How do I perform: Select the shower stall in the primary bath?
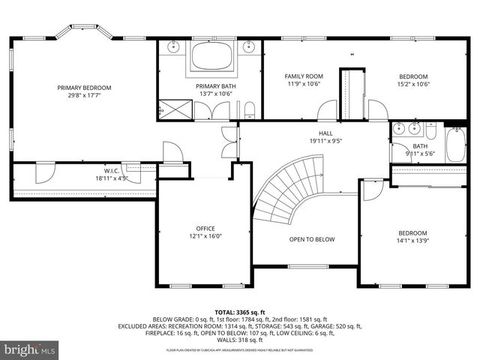coord(172,111)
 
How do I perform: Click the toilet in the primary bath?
coord(251,112)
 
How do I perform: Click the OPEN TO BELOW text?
coord(312,240)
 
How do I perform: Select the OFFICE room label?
coord(205,229)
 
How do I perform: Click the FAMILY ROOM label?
coord(304,76)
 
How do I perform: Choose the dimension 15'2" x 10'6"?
coord(413,85)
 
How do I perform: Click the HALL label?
coord(325,133)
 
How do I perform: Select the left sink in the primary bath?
coord(173,48)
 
